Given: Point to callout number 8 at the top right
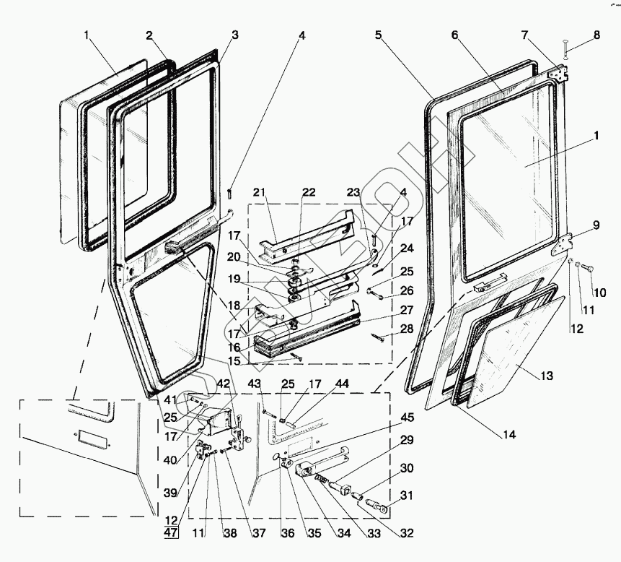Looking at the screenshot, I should [596, 35].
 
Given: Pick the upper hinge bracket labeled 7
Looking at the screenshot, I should [558, 74].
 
